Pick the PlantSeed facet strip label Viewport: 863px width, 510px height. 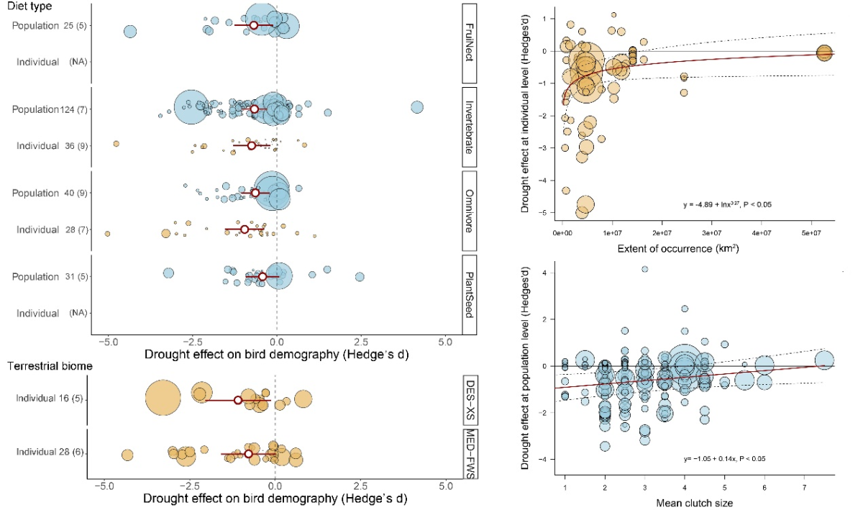point(469,293)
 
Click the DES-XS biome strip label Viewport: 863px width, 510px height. point(469,399)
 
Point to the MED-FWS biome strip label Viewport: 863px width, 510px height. point(469,454)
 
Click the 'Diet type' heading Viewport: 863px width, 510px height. point(32,6)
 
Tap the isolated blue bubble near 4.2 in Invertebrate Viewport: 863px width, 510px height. point(417,107)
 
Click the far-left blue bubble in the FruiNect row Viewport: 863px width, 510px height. point(129,32)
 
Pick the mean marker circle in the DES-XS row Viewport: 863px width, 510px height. point(238,399)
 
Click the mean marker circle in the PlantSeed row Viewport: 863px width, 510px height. point(262,277)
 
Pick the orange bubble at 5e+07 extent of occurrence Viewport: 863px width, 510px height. point(825,53)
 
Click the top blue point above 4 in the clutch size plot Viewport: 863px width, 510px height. point(644,269)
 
